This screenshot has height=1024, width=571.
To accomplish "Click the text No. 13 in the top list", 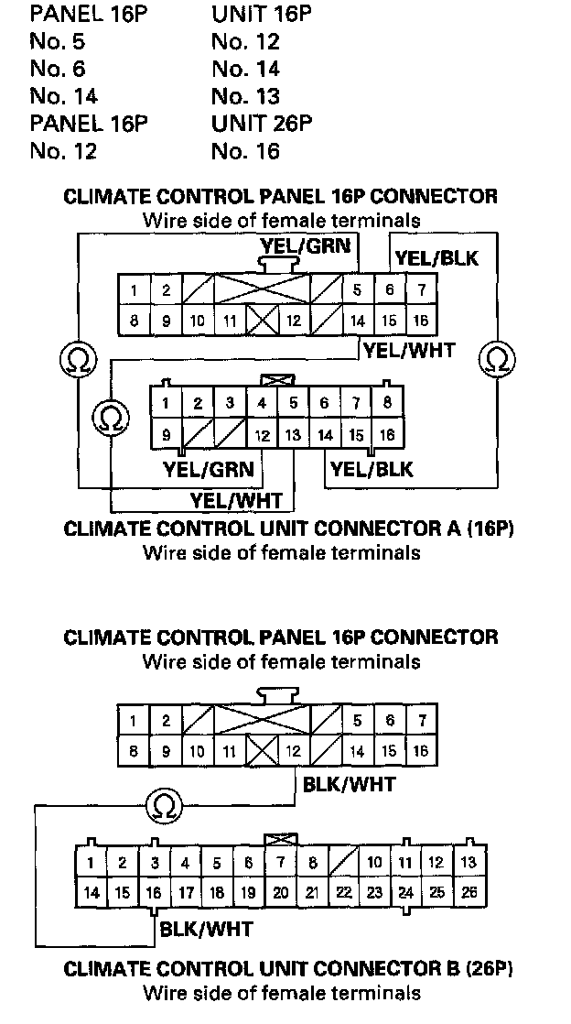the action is pos(245,97).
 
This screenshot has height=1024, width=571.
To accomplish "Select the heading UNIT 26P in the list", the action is pos(262,124).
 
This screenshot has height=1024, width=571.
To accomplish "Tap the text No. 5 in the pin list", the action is pos(58,42).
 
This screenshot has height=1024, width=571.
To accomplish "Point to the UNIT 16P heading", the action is pos(262,15).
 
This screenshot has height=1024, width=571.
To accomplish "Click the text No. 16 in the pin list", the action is pos(245,151).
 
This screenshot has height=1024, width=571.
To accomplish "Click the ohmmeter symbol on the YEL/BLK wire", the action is pos(497,359).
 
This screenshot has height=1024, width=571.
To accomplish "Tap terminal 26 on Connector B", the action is pos(469,892).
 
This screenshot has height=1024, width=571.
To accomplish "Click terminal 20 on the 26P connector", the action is pos(281,892).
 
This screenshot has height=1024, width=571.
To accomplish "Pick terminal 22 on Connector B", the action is pos(344,892).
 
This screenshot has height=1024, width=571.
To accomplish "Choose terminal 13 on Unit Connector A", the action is pos(293,434).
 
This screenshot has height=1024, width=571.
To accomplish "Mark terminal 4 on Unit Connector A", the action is pos(262,403).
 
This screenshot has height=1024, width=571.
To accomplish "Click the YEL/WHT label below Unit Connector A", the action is pos(236,501).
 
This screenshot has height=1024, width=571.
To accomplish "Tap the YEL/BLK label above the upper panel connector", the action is pos(436,258).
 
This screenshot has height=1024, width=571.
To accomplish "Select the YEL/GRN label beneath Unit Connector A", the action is pos(208,469).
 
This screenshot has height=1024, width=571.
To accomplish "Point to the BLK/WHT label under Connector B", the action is pos(206,929).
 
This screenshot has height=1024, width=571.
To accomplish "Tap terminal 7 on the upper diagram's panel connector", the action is pos(422,289).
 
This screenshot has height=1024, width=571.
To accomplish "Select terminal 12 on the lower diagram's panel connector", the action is pos(294,751).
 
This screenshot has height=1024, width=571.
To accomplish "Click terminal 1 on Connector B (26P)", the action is pos(91,862).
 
